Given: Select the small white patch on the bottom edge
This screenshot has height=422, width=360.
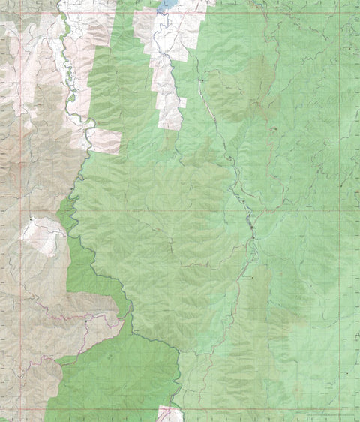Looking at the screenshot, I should tap(169, 414).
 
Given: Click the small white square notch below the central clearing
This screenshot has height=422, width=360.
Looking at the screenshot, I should tap(182, 102).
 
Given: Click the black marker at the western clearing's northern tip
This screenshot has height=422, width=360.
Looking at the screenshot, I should tap(31, 219).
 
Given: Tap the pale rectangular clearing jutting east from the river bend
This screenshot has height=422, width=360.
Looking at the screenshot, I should tap(105, 140).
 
